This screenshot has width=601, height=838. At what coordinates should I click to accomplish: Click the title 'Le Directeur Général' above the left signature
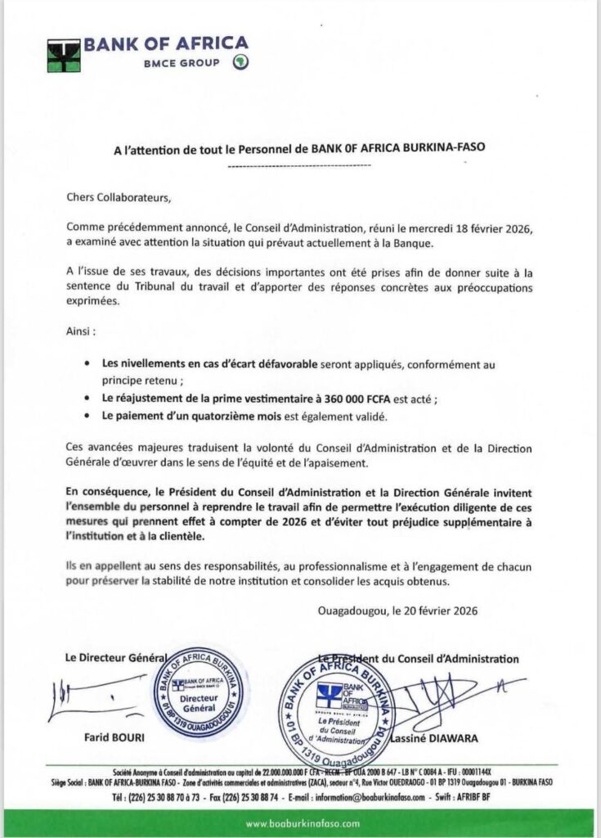click(x=114, y=657)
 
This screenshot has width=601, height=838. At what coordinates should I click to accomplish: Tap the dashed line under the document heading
click(x=300, y=166)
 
